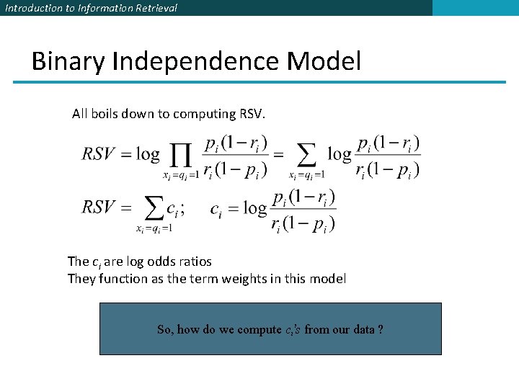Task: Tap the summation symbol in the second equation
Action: [154, 208]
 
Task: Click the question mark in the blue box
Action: [380, 329]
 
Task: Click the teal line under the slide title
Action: [259, 82]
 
